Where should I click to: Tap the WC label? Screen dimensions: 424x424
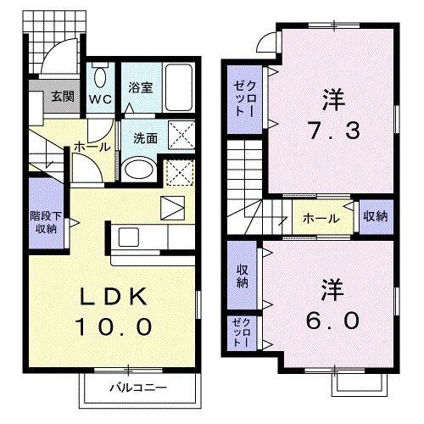point(101,97)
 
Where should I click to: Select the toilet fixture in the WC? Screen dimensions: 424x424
point(100,78)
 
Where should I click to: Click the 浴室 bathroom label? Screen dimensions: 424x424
point(139,86)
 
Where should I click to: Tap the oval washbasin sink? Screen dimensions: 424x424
point(136,168)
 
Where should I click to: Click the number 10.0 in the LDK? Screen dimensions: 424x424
point(116,326)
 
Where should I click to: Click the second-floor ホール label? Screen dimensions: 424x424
point(320,218)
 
